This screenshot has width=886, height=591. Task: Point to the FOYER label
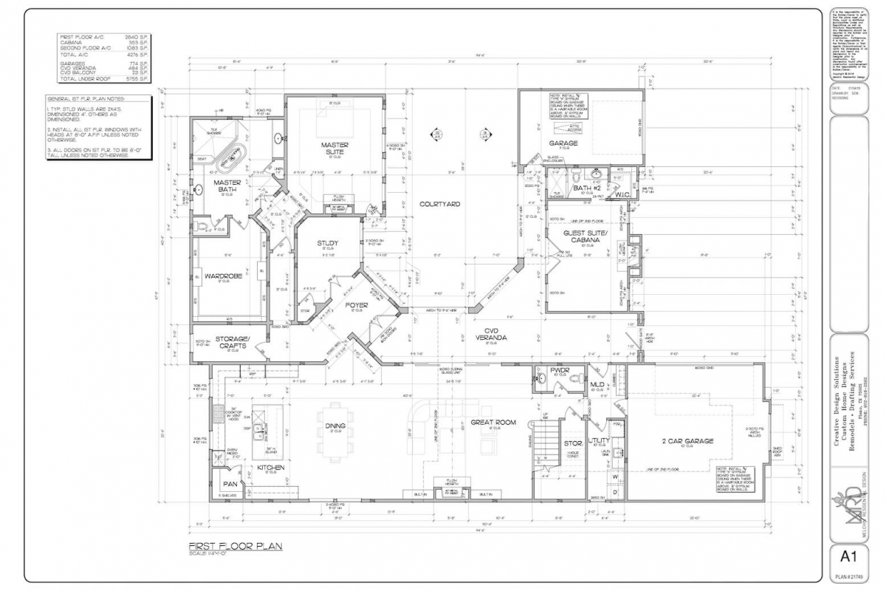[357, 304]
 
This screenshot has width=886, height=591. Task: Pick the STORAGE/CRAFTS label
[233, 341]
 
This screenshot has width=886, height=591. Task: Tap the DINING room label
[335, 426]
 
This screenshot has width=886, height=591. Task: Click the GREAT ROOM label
[493, 423]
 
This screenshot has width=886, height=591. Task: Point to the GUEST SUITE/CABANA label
[585, 236]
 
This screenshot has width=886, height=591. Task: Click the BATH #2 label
[587, 188]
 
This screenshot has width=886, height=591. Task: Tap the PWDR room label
[557, 369]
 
